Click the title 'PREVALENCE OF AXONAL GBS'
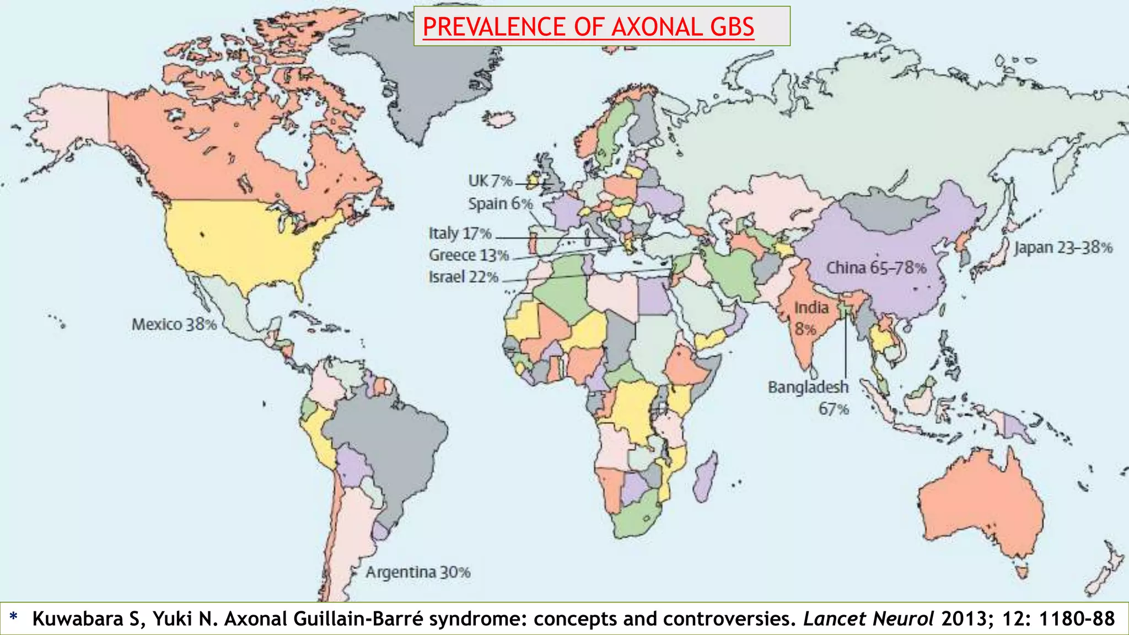pyautogui.click(x=588, y=27)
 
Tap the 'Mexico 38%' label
pyautogui.click(x=174, y=324)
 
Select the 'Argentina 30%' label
pyautogui.click(x=418, y=572)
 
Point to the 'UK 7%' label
pyautogui.click(x=490, y=181)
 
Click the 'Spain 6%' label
pyautogui.click(x=501, y=203)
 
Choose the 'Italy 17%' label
pyautogui.click(x=460, y=233)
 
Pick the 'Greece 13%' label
pyautogui.click(x=469, y=255)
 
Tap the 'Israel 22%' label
pyautogui.click(x=464, y=277)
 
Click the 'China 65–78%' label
pyautogui.click(x=876, y=268)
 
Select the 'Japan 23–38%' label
pyautogui.click(x=1063, y=247)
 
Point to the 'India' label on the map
pyautogui.click(x=811, y=308)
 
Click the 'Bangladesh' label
pyautogui.click(x=808, y=387)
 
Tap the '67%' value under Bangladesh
pyautogui.click(x=834, y=409)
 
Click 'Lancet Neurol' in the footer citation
pyautogui.click(x=868, y=618)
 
